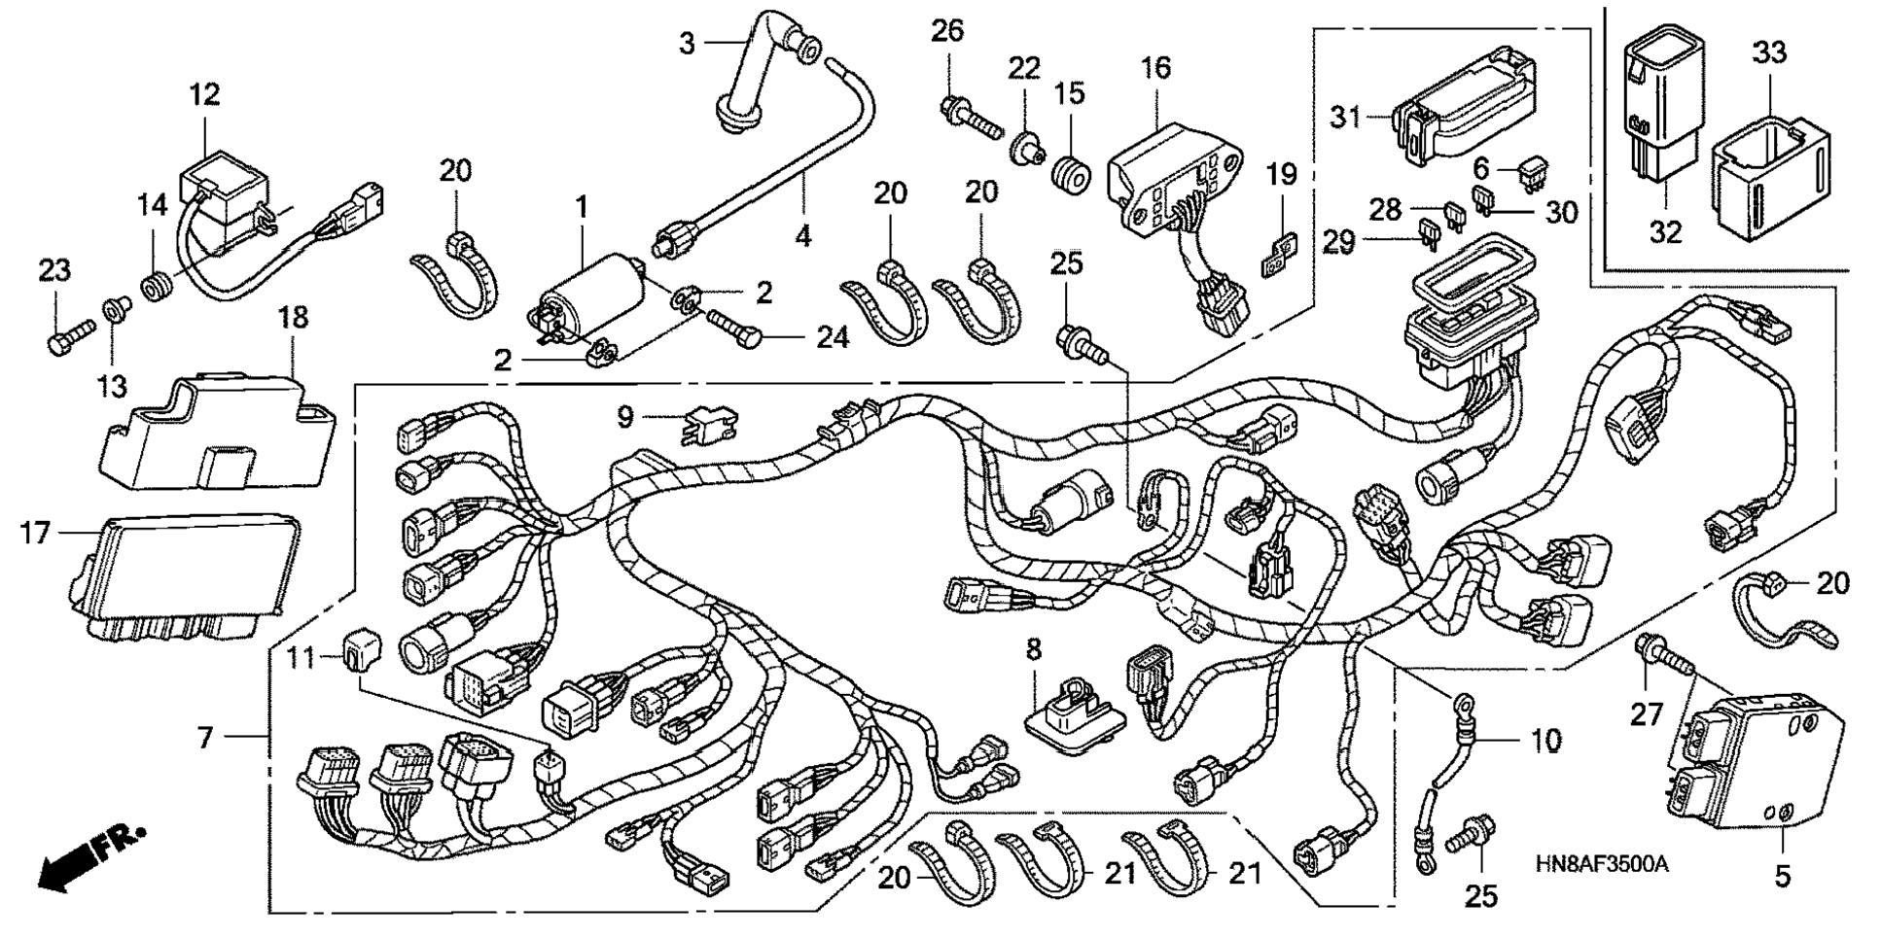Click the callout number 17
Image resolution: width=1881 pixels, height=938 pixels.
pos(35,533)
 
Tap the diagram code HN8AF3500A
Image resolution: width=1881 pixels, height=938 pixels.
pos(1602,863)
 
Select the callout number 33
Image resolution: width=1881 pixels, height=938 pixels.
pos(1769,52)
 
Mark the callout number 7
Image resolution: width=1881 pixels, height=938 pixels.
pos(204,739)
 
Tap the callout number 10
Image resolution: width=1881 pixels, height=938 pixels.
pos(1545,741)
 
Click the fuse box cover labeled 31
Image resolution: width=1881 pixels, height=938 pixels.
pos(1464,112)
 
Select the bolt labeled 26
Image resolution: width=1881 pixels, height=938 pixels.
pos(968,115)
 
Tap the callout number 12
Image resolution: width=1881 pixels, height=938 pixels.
pos(205,94)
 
